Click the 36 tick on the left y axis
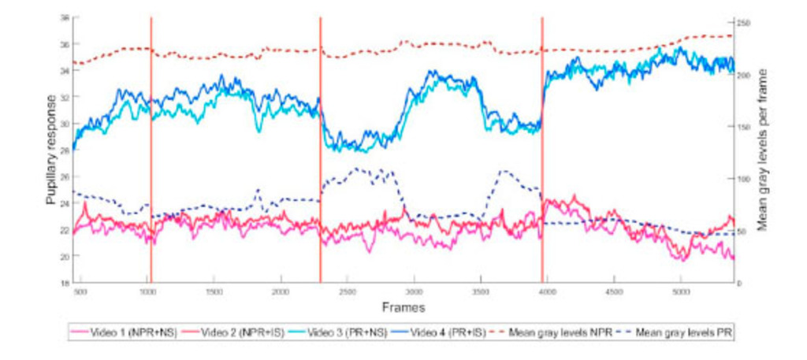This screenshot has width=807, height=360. tap(65, 44)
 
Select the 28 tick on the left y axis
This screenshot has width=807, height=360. tap(65, 150)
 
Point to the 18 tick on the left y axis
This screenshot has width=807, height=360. tap(65, 283)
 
